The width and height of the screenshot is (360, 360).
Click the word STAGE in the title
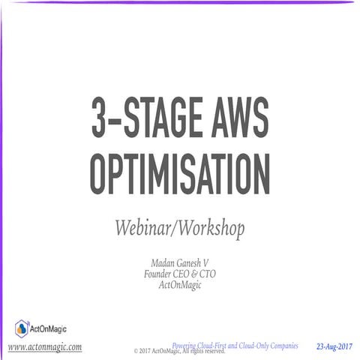[175, 119]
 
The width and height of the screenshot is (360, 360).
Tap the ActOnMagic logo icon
[22, 328]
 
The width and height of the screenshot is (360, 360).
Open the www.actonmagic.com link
[45, 347]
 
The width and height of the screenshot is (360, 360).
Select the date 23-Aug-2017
[334, 346]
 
